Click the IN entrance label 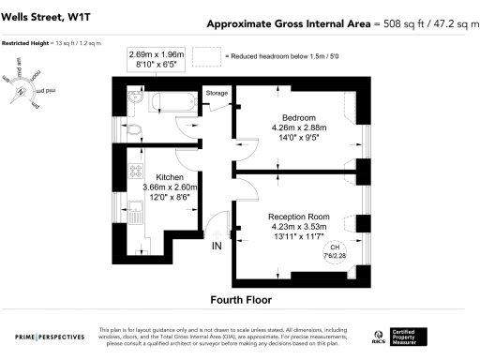click(217, 246)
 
